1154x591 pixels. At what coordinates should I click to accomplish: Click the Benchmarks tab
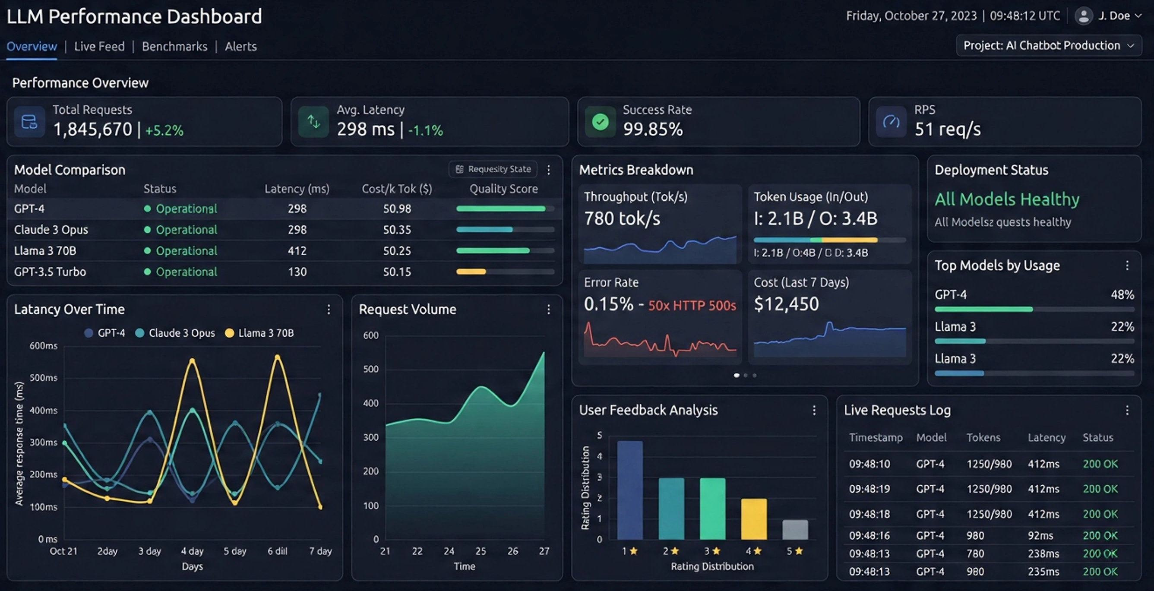[x=174, y=47]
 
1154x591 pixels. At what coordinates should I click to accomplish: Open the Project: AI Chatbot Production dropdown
[x=1048, y=46]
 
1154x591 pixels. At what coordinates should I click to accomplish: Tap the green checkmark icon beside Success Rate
[x=600, y=122]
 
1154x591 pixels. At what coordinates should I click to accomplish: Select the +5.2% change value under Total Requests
[x=164, y=130]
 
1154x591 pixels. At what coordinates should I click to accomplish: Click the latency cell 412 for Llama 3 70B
[x=297, y=250]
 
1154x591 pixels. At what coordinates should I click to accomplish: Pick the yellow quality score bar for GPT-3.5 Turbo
[x=471, y=272]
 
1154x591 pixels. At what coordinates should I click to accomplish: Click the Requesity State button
[x=493, y=169]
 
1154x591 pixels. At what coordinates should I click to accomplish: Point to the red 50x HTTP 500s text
[x=692, y=306]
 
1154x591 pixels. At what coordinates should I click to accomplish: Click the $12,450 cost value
[x=786, y=304]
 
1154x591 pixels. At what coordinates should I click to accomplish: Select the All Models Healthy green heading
[x=1007, y=199]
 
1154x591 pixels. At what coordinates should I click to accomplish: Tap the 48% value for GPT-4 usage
[x=1122, y=295]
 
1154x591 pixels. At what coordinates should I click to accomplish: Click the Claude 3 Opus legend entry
[x=176, y=333]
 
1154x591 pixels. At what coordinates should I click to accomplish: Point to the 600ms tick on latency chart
[x=44, y=346]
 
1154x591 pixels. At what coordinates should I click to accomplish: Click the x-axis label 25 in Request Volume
[x=481, y=551]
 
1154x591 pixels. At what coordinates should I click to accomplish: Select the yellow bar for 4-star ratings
[x=753, y=519]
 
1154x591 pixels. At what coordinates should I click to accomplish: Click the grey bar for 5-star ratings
[x=795, y=530]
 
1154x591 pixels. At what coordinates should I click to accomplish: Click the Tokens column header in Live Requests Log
[x=983, y=437]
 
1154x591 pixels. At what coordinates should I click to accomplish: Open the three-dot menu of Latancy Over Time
[x=329, y=310]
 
